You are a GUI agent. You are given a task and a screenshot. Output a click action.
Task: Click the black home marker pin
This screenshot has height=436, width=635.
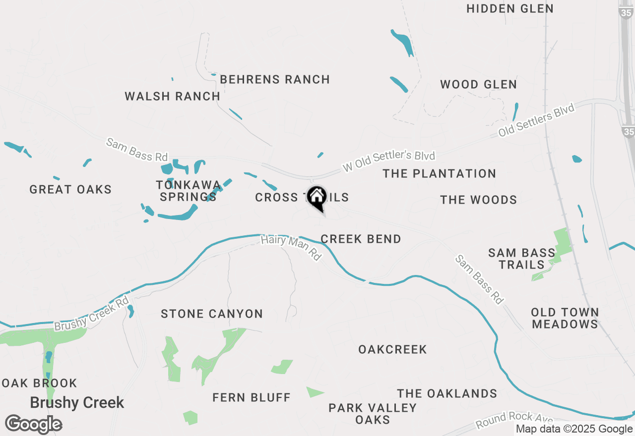coord(317,198)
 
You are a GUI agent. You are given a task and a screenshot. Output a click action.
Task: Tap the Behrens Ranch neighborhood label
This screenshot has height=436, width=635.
coord(275,79)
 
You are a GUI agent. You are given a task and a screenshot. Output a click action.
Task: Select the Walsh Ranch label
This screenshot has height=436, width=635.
coord(172,96)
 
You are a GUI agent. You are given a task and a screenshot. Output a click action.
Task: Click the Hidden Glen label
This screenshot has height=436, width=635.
coord(510,9)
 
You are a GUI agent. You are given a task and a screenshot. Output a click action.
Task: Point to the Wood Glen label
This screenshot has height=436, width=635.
coord(478,85)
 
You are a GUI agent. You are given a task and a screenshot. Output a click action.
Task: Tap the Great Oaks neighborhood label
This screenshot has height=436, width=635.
coord(70,189)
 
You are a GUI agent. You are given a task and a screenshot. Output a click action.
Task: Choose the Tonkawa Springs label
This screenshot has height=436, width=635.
coord(188,191)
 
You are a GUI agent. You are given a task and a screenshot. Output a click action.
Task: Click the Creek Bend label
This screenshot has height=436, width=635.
coord(361,239)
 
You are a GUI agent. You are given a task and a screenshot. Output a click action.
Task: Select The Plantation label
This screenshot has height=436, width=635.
coord(439,173)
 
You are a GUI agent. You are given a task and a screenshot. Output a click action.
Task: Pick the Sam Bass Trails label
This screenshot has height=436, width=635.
coord(522,259)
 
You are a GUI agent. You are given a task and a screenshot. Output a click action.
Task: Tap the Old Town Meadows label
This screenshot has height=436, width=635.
coord(565,318)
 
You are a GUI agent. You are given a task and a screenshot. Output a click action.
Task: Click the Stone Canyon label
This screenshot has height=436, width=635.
coord(212,314)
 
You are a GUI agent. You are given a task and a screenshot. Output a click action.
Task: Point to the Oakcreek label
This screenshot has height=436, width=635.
coord(392,349)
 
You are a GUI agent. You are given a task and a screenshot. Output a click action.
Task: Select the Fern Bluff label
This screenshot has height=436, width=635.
coord(252,397)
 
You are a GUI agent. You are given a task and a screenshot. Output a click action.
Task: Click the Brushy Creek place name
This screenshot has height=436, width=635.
coord(77,402)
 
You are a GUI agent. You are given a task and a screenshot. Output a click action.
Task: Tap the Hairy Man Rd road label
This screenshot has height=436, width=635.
coord(291,248)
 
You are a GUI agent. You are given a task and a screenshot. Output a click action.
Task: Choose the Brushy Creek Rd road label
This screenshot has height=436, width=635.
coord(92,314)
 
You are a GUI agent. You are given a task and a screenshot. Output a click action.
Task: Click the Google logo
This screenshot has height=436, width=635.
coord(34,424)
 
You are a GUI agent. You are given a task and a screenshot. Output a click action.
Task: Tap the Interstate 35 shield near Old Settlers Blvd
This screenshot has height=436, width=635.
coord(629,131)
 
